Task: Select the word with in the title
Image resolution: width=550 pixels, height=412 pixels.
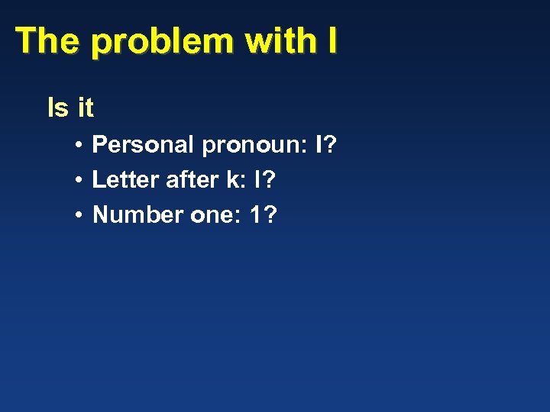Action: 279,40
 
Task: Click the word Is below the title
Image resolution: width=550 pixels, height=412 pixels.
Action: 57,108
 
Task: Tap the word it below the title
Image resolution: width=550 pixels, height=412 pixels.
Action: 85,108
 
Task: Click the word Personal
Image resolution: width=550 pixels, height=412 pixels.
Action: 144,143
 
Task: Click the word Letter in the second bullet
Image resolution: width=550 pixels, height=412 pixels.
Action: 125,179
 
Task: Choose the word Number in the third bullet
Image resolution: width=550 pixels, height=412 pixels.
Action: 137,215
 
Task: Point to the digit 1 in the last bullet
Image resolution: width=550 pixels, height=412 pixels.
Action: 256,215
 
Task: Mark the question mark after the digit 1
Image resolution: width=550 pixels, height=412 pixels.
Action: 270,215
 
